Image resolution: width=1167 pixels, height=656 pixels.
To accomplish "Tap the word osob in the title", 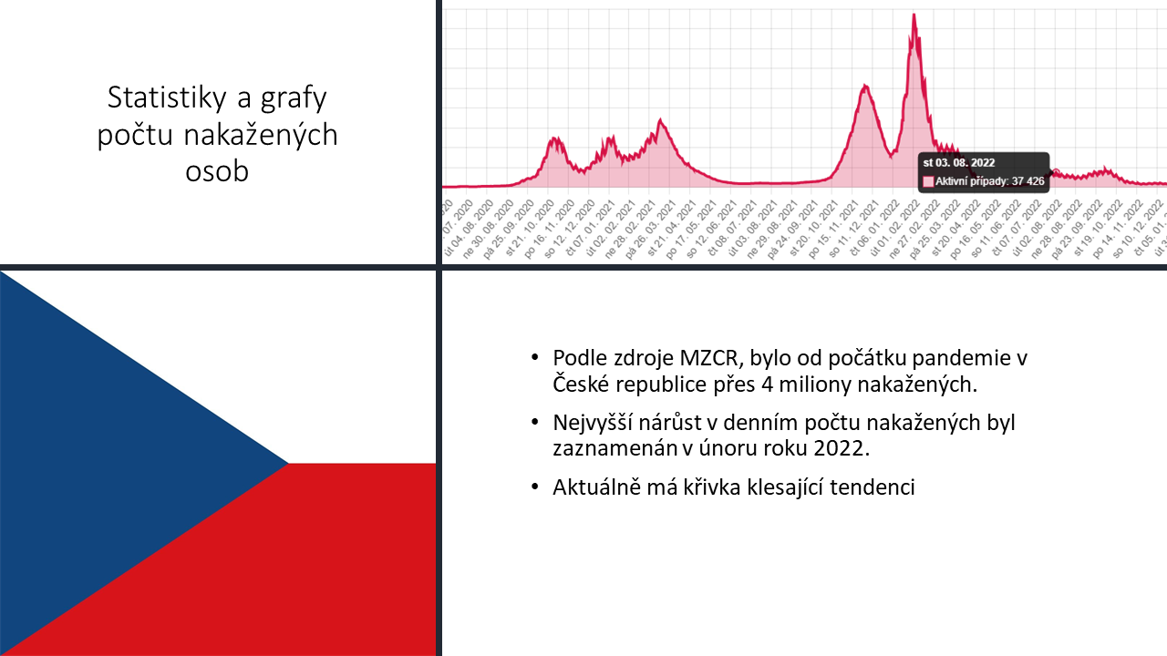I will [217, 171].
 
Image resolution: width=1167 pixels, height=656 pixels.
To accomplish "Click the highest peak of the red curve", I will [914, 15].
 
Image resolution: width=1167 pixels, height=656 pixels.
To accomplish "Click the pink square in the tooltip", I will [928, 181].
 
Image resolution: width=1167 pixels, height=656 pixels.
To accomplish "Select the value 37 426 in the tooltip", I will [1028, 181].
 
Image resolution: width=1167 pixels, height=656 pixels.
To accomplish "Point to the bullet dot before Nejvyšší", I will [534, 424].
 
